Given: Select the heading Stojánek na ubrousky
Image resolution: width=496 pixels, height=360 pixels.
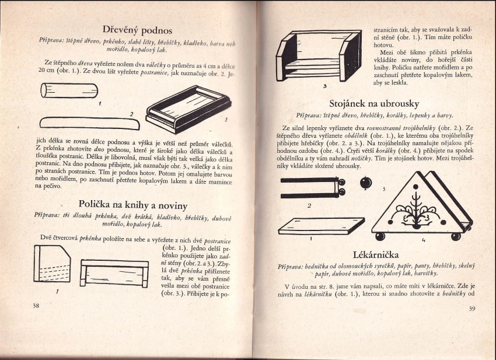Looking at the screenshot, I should [x=374, y=104].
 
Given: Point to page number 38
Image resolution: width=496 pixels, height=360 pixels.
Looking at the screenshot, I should [x=36, y=305].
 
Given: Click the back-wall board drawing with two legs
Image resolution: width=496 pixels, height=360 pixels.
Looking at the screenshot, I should [x=116, y=272].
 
